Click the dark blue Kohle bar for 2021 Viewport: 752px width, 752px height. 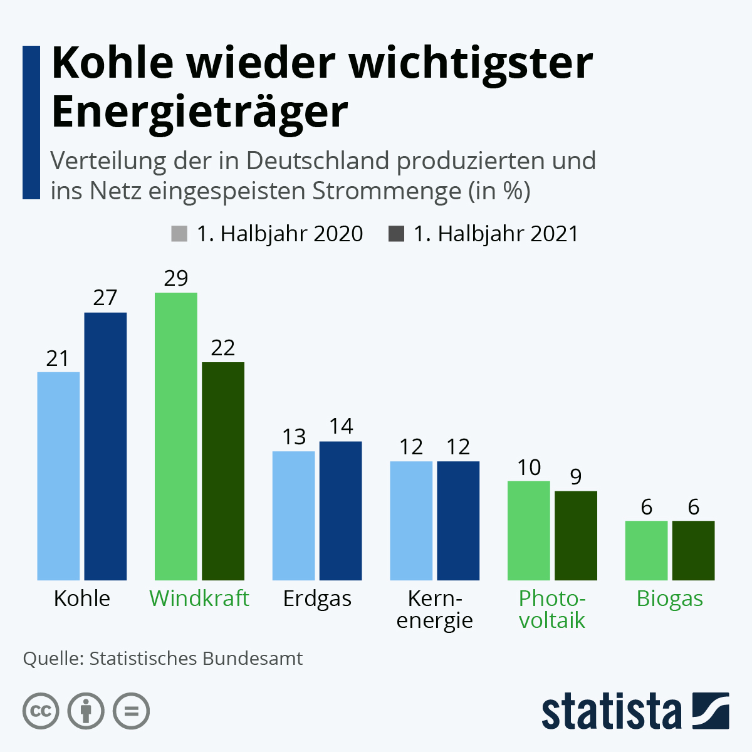(x=105, y=446)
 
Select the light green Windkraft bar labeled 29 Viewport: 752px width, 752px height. (x=176, y=436)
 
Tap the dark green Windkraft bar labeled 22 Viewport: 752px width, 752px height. (x=223, y=471)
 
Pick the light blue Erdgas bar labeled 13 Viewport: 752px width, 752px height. (x=293, y=515)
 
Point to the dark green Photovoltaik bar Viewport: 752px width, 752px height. (x=576, y=535)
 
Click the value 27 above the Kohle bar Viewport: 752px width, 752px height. (x=105, y=298)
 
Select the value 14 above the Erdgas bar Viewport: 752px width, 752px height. (x=341, y=427)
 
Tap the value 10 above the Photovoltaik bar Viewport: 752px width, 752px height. (x=529, y=467)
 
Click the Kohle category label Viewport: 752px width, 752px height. (x=82, y=598)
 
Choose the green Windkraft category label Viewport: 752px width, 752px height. (x=199, y=598)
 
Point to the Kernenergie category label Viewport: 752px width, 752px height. (x=434, y=609)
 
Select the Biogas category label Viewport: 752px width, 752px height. (x=669, y=598)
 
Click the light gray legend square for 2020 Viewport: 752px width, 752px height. (x=179, y=234)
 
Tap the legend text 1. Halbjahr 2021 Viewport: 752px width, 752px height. (x=495, y=234)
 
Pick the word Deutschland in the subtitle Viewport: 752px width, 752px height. (x=318, y=161)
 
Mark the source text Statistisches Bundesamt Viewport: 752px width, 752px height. (x=196, y=659)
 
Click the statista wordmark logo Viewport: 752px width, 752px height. (x=611, y=711)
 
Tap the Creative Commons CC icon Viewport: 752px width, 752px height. (x=41, y=711)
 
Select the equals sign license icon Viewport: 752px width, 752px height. (x=131, y=711)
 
